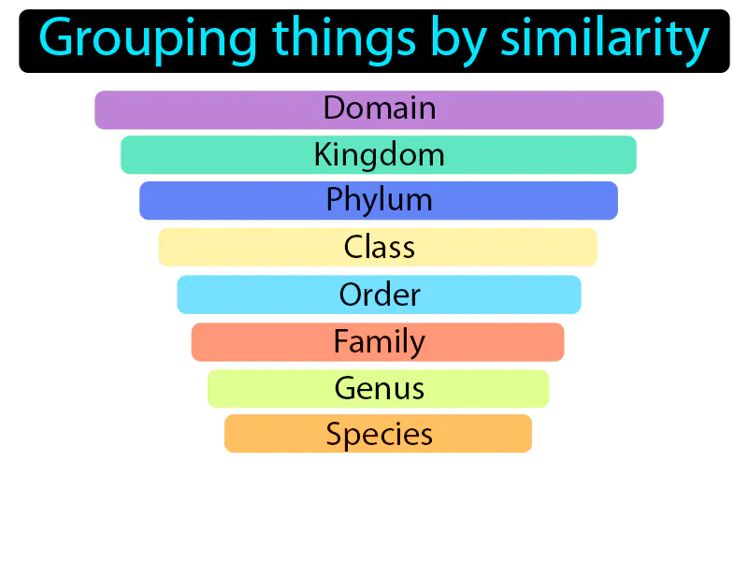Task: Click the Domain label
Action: coord(380,108)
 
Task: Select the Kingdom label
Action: coord(379,154)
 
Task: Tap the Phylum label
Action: coord(379,200)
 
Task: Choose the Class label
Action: coord(379,247)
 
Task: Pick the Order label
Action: coord(380,295)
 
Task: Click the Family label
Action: coord(379,341)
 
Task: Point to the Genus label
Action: coord(379,388)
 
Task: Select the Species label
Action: coord(379,434)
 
